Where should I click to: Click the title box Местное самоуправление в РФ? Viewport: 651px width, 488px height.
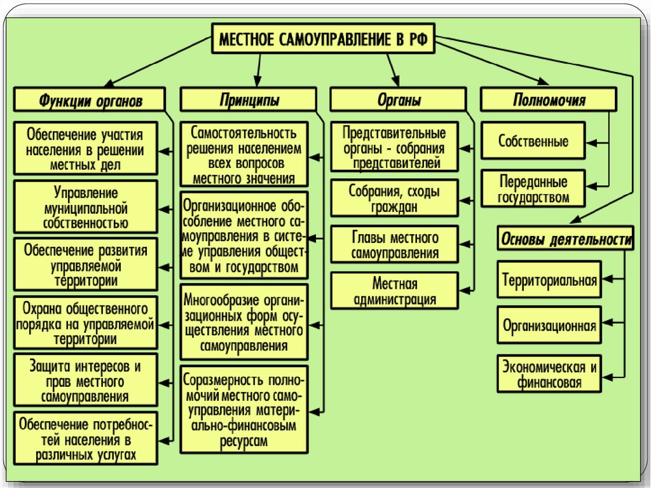coord(324,39)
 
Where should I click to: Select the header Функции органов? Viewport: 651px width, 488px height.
coord(91,101)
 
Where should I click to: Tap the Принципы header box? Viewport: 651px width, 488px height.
coord(249,101)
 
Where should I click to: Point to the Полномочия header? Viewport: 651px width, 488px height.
coord(549,101)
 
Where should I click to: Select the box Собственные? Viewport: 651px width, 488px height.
coord(533,141)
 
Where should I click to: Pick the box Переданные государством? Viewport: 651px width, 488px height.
coord(533,188)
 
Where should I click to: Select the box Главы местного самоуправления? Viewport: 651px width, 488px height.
coord(395,245)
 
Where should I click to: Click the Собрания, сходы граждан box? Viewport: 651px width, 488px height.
coord(395,198)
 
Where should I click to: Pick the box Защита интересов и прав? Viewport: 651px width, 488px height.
coord(85,381)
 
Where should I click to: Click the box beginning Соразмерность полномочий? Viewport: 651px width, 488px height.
coord(244,410)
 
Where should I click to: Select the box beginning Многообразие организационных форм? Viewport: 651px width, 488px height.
coord(244,323)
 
